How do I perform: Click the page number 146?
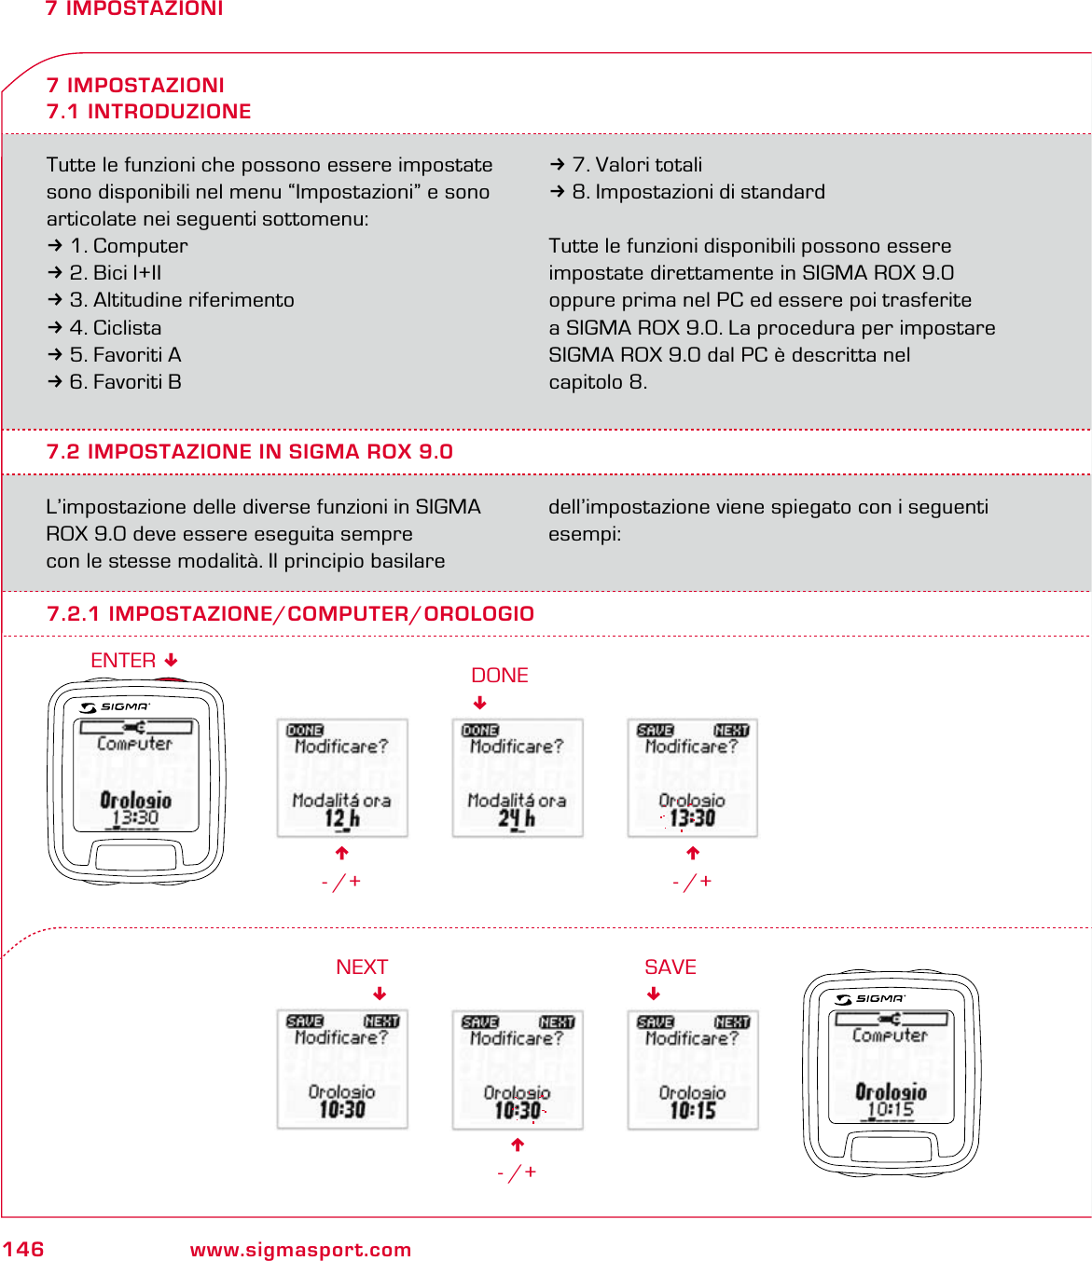click(x=23, y=1249)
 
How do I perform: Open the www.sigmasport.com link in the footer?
click(x=300, y=1250)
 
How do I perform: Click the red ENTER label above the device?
click(x=123, y=661)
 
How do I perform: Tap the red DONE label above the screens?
click(x=499, y=676)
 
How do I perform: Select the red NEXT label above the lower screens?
click(x=362, y=967)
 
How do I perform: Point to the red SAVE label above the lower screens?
click(x=670, y=967)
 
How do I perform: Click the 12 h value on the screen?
click(x=341, y=819)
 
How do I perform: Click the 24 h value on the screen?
click(x=517, y=819)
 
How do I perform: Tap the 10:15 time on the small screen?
click(x=693, y=1110)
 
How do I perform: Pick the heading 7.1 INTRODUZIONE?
click(x=149, y=112)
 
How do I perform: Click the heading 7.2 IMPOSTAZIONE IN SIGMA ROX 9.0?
click(x=249, y=452)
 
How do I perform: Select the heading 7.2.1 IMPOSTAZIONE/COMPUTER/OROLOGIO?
click(x=290, y=614)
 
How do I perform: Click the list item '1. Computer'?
click(x=129, y=246)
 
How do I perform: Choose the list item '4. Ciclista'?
click(x=116, y=328)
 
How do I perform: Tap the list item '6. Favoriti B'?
click(x=125, y=382)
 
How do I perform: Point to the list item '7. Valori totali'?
click(x=637, y=165)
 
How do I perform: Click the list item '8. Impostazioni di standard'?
click(x=698, y=192)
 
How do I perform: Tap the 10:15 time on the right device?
click(x=891, y=1110)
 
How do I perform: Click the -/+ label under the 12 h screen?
click(x=341, y=882)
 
